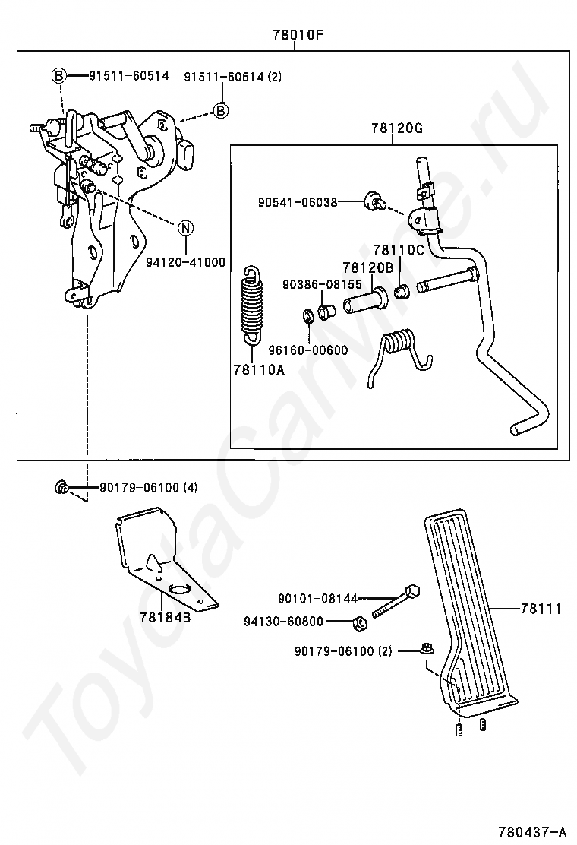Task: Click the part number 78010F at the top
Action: (x=298, y=35)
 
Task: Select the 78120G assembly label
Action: (x=396, y=128)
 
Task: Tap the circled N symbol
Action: (x=185, y=228)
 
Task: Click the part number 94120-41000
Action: (x=186, y=262)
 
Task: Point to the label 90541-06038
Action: (x=298, y=203)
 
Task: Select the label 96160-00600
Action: (x=308, y=350)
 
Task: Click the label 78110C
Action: (x=399, y=250)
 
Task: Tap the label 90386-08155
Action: (x=323, y=284)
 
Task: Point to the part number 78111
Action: (x=541, y=609)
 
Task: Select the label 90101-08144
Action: (x=317, y=598)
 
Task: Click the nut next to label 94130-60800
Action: (x=360, y=624)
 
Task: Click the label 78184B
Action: (x=166, y=617)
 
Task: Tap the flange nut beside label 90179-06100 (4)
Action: (x=61, y=487)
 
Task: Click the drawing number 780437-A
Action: (x=533, y=831)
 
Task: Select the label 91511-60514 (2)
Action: (x=232, y=77)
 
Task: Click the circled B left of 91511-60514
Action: (x=58, y=76)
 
